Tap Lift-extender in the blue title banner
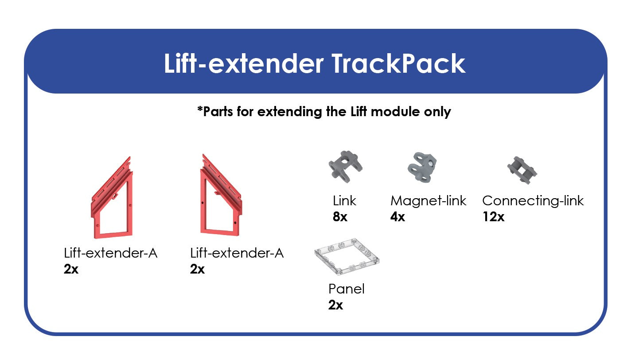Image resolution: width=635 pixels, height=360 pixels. (x=243, y=63)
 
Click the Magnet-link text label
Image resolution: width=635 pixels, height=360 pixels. (x=428, y=201)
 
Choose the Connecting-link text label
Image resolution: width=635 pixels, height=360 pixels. (x=533, y=201)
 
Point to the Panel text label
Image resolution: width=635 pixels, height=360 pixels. (x=346, y=289)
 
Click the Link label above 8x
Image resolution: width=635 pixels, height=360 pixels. (x=344, y=201)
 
